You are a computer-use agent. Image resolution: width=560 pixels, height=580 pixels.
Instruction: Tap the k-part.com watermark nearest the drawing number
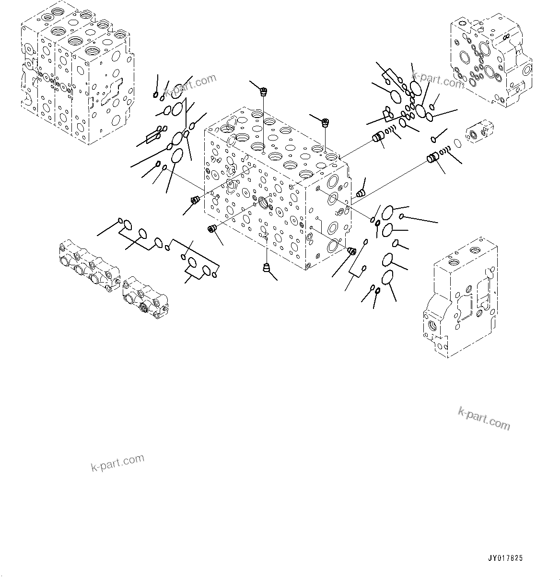[x=484, y=418]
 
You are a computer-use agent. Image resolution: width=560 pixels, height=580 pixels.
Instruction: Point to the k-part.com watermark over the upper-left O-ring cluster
[x=190, y=85]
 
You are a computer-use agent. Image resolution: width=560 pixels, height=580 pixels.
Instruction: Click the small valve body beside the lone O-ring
[x=480, y=132]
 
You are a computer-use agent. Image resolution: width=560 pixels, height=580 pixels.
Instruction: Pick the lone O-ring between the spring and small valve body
[x=457, y=143]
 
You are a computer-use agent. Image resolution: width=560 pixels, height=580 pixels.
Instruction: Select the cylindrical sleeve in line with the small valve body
[x=433, y=157]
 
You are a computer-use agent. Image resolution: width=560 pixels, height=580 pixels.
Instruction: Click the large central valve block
[x=277, y=192]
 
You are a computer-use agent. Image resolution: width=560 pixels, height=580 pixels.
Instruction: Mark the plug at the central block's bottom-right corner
[x=350, y=250]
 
